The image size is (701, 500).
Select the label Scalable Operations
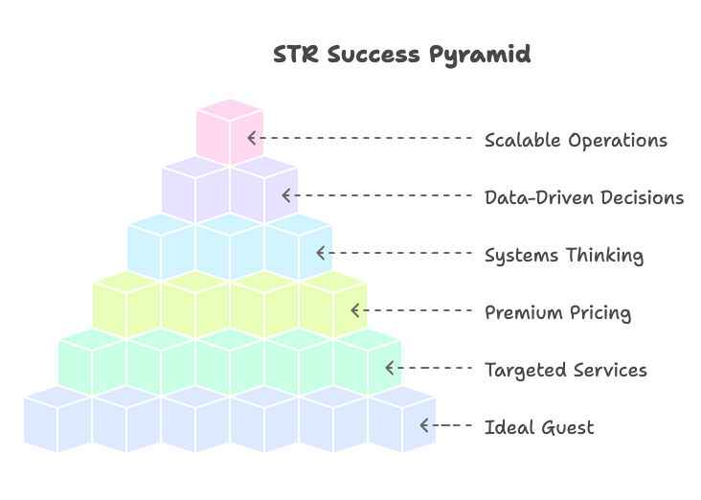point(576,140)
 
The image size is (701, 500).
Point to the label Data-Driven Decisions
point(583,197)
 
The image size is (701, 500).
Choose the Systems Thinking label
point(563,255)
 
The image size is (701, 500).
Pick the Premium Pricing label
point(557,312)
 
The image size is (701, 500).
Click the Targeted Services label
point(565,370)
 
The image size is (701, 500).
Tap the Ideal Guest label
point(539,427)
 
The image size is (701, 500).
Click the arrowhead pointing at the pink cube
point(252,138)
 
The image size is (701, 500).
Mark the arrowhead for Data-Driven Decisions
point(286,195)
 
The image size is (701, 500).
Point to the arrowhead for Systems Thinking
point(321,253)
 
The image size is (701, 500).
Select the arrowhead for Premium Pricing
point(355,310)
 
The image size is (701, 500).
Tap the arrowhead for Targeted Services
point(390,368)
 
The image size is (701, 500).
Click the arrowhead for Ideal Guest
point(424,425)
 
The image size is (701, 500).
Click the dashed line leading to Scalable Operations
point(364,138)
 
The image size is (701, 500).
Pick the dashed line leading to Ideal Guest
point(450,425)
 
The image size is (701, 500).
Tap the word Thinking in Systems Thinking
point(603,255)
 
